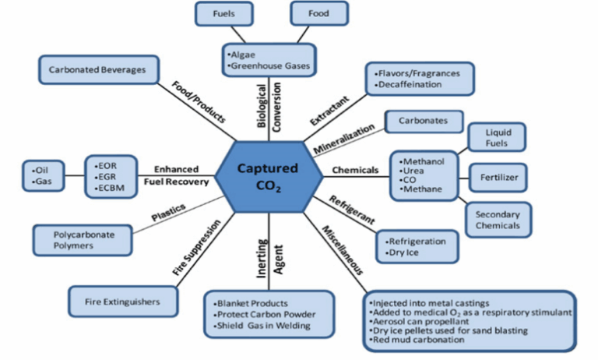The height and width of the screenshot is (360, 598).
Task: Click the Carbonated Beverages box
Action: (x=97, y=70)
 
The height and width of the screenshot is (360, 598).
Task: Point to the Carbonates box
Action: (x=424, y=122)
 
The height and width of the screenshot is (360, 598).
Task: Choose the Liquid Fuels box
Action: (x=496, y=138)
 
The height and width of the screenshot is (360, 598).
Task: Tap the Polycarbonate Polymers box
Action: (x=74, y=239)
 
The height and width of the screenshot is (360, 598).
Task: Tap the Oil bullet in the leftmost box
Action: (x=36, y=168)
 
